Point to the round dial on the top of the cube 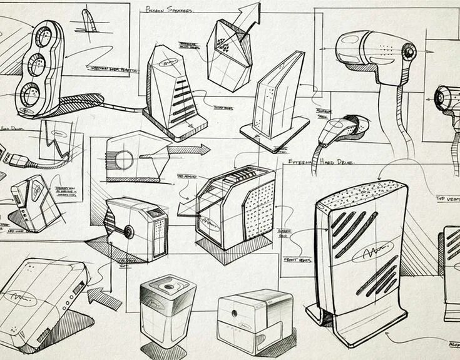click(x=168, y=288)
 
